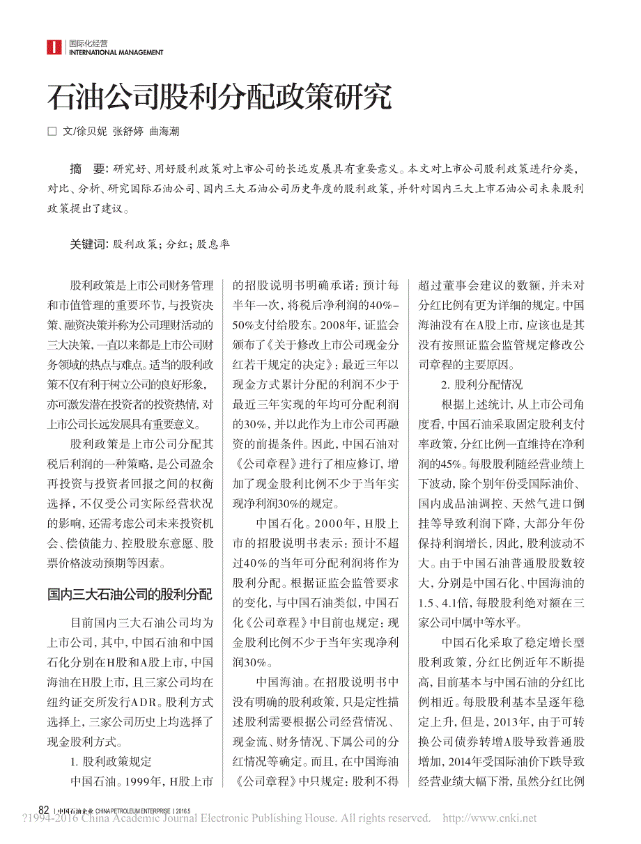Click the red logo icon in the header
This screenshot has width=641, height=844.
(54, 47)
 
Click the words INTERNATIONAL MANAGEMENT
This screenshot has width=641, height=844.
(116, 52)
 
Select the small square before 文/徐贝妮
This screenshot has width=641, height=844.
(51, 131)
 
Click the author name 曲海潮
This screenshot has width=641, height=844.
(164, 131)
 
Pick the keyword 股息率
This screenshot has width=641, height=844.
(213, 244)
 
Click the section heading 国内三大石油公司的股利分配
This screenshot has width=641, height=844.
(130, 595)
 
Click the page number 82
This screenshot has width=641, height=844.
(43, 811)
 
